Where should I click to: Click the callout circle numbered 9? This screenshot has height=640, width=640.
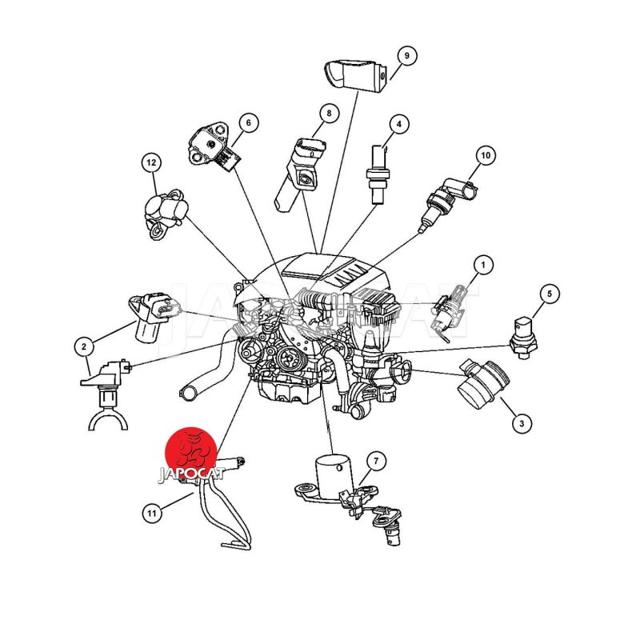pyautogui.click(x=406, y=55)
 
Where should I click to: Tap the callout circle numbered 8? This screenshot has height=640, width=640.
pyautogui.click(x=329, y=113)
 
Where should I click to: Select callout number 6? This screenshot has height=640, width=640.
pyautogui.click(x=248, y=122)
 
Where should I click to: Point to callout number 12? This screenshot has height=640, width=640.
pyautogui.click(x=151, y=162)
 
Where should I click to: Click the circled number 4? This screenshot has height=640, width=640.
pyautogui.click(x=398, y=124)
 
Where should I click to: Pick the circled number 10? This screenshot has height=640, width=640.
pyautogui.click(x=486, y=155)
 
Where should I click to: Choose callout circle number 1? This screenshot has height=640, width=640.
pyautogui.click(x=483, y=265)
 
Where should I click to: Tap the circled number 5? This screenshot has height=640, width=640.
pyautogui.click(x=550, y=294)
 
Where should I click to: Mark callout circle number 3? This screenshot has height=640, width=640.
pyautogui.click(x=522, y=423)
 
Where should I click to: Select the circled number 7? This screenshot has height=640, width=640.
pyautogui.click(x=376, y=462)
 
